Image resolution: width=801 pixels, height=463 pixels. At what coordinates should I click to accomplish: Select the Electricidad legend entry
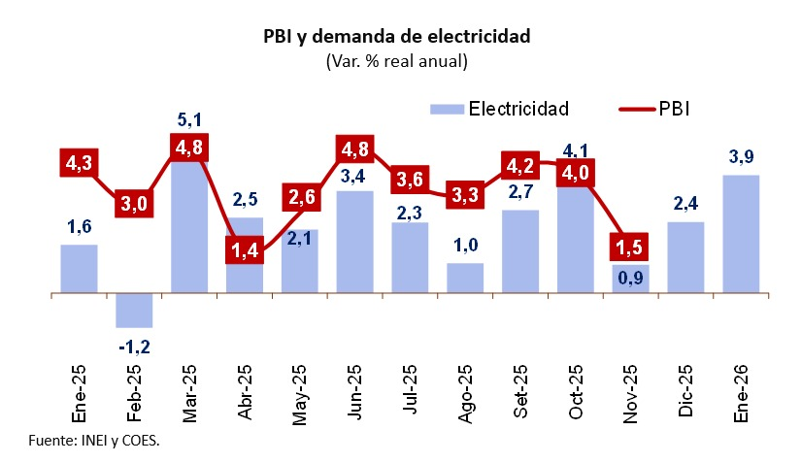[x=500, y=107]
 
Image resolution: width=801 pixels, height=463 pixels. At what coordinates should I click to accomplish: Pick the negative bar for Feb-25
[x=134, y=310]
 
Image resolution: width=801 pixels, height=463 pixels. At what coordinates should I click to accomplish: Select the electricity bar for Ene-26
[x=742, y=234]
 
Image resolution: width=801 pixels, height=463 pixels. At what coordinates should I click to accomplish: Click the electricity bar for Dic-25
[x=686, y=257]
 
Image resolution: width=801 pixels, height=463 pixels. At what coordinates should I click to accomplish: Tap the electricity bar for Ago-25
[x=465, y=278]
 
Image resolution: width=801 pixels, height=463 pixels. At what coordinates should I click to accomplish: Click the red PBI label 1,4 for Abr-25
[x=245, y=249]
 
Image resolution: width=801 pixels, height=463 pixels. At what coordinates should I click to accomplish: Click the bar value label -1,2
[x=134, y=345]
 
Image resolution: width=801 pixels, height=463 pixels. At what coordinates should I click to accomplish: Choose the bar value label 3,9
[x=742, y=158]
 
